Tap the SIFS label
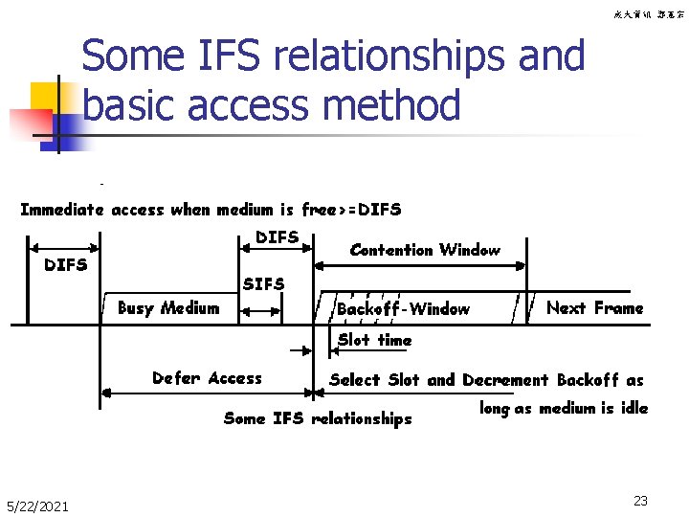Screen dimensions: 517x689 (x=263, y=284)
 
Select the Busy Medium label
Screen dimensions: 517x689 (x=167, y=308)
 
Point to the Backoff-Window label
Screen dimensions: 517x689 (x=403, y=309)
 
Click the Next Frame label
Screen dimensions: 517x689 (x=594, y=308)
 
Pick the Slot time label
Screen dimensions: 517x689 (x=374, y=340)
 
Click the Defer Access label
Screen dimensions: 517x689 (x=207, y=378)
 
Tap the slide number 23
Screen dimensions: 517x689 (x=640, y=500)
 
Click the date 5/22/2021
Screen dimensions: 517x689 (x=37, y=506)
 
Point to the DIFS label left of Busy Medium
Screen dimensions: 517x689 (x=66, y=264)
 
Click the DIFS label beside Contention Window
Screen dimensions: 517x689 (x=278, y=236)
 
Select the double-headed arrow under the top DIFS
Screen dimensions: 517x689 (x=276, y=248)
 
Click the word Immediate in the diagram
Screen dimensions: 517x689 (x=63, y=210)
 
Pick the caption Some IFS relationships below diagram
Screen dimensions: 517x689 (x=317, y=418)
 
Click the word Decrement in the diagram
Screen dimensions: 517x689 (x=506, y=380)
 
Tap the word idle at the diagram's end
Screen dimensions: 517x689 (x=633, y=408)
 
